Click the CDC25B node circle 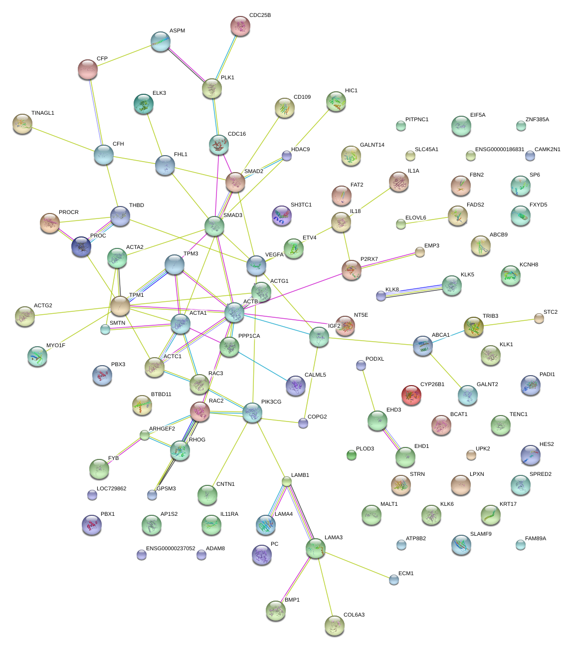pos(240,26)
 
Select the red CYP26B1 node pos(411,395)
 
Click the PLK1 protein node pos(212,88)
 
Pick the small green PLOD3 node pos(352,455)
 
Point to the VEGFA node pos(256,265)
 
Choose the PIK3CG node pos(252,413)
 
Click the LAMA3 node pos(315,548)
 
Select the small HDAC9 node pos(286,156)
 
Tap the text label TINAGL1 pos(43,113)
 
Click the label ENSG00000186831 pos(500,150)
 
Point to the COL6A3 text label pos(354,615)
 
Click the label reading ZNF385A pos(537,120)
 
